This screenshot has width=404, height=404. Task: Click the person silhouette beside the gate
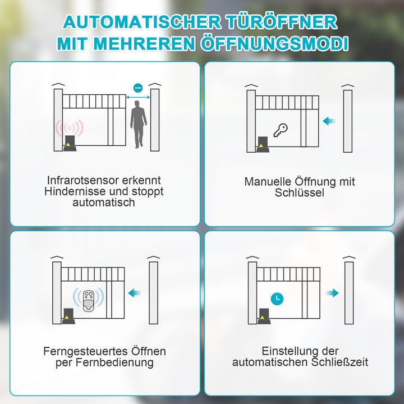pos(138,127)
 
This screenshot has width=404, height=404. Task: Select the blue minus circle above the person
pos(138,88)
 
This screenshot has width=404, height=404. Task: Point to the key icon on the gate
pos(280,130)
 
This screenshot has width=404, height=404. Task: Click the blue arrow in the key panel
pos(329,120)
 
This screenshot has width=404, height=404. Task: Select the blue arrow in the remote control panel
pos(134,292)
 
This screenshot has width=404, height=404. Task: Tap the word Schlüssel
pos(300,193)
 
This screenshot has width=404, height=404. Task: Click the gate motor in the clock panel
pos(264,316)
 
